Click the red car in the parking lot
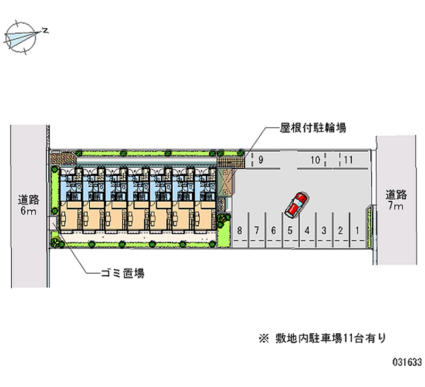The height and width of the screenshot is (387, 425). (296, 205)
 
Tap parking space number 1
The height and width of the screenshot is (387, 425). (357, 230)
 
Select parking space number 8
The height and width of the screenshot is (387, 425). (240, 230)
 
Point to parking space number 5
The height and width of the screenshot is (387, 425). (290, 230)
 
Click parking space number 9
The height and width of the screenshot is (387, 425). (261, 160)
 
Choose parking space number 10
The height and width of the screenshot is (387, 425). (315, 160)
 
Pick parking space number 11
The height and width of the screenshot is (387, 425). (348, 160)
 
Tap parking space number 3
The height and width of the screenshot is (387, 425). (324, 230)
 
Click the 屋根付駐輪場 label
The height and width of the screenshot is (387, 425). (313, 127)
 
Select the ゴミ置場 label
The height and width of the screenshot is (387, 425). (123, 273)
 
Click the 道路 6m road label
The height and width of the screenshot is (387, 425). (29, 205)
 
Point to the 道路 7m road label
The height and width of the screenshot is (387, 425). (396, 200)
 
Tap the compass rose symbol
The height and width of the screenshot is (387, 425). (21, 37)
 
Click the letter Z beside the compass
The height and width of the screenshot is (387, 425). (45, 30)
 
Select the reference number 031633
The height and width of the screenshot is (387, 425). (407, 362)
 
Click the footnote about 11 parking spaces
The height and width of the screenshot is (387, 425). (322, 339)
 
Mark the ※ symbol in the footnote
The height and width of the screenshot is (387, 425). (263, 339)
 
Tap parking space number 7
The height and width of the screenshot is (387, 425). (257, 230)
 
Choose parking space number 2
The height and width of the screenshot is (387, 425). (341, 230)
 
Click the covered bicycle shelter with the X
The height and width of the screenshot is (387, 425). (225, 182)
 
